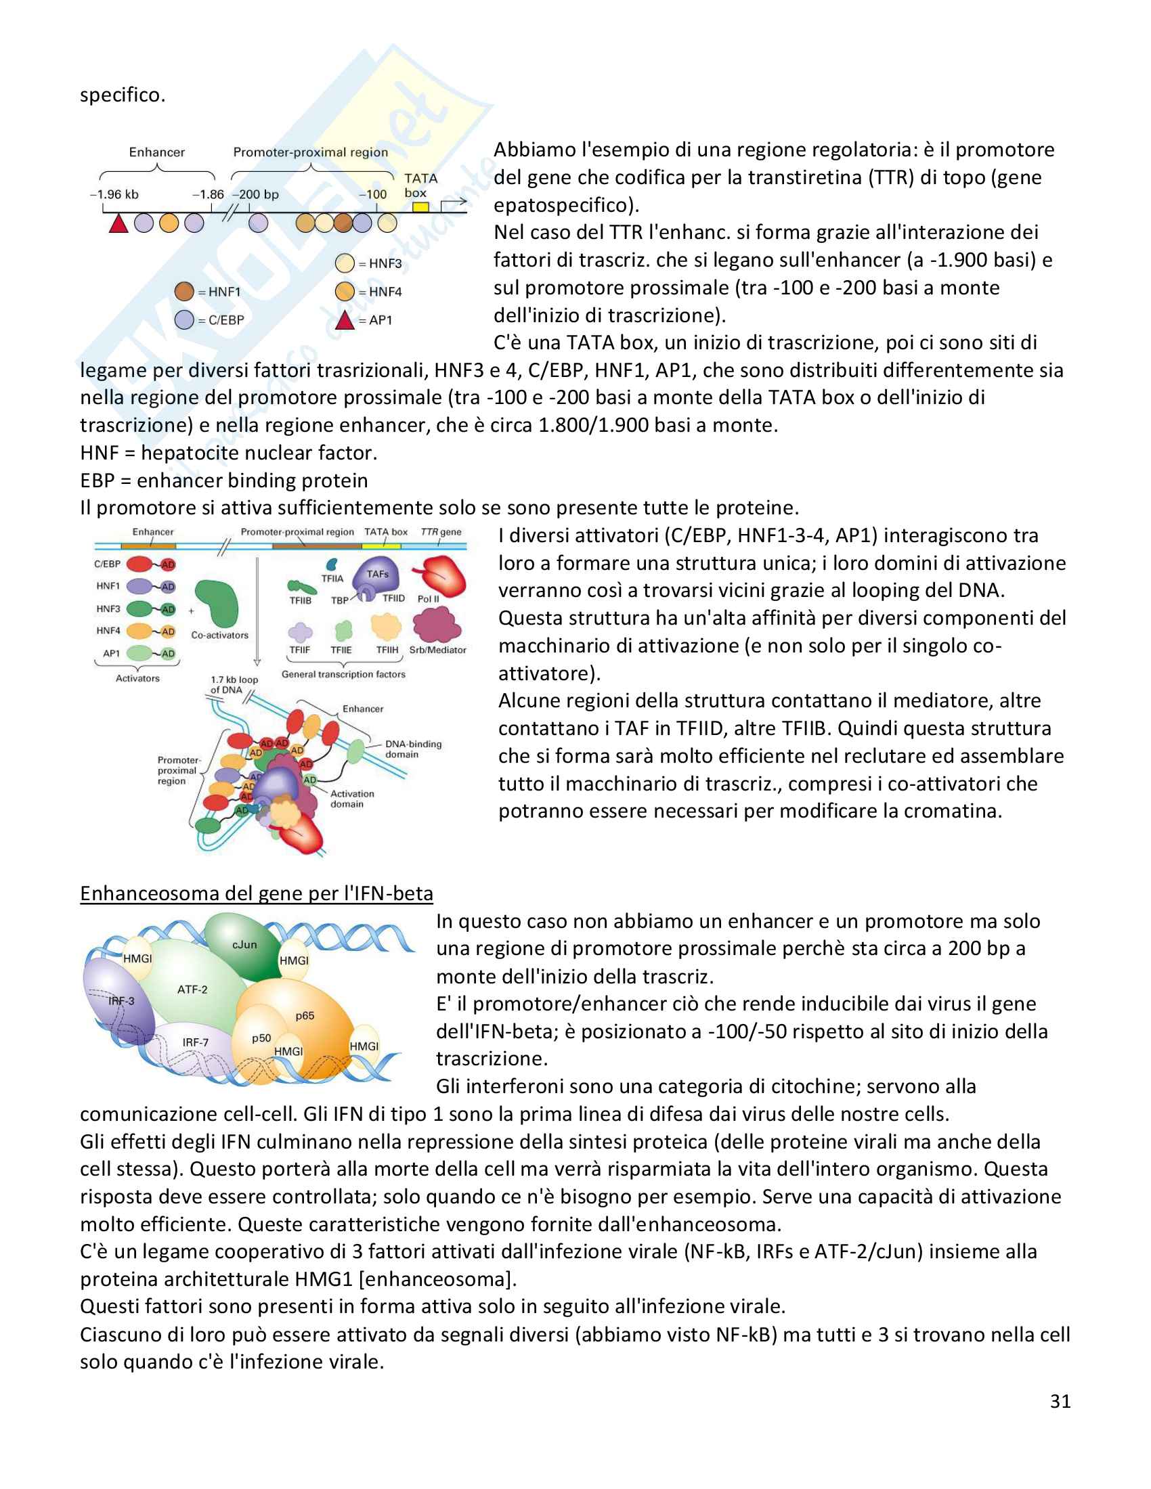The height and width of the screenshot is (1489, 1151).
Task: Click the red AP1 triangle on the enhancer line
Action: tap(118, 222)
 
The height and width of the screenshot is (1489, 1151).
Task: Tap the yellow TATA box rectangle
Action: tap(420, 206)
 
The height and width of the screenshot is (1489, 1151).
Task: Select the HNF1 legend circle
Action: tap(184, 292)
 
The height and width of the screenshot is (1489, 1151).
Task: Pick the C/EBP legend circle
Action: tap(184, 319)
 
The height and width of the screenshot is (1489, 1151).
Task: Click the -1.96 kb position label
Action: tap(114, 194)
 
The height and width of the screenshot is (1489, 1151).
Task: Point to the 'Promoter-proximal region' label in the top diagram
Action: tap(310, 152)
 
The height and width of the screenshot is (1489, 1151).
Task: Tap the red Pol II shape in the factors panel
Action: tap(445, 575)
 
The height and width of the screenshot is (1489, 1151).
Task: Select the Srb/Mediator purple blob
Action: tap(437, 624)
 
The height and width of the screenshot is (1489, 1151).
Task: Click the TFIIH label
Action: tap(387, 650)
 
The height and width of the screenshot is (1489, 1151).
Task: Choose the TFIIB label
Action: tap(300, 600)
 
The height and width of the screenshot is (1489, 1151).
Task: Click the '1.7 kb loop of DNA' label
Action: tap(234, 684)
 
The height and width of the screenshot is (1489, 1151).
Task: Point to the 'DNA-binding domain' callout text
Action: tap(413, 749)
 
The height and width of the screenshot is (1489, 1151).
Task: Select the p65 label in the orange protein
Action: tap(305, 1015)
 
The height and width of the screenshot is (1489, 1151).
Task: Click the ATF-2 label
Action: tap(192, 990)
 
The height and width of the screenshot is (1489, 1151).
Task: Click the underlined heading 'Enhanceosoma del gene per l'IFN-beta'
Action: tap(257, 893)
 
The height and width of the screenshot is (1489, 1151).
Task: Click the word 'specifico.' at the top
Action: tap(123, 95)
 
